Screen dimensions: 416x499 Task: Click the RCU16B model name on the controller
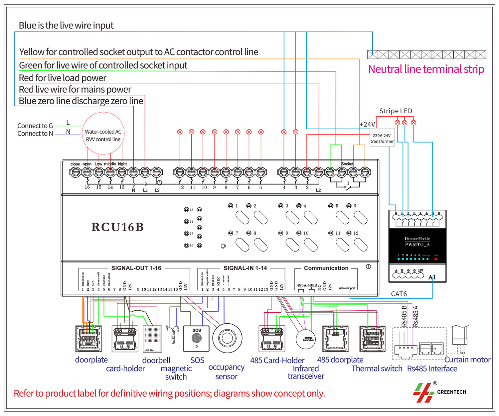click(x=117, y=227)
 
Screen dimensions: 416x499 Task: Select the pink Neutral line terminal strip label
click(x=426, y=69)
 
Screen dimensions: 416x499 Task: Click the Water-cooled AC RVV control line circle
click(x=103, y=134)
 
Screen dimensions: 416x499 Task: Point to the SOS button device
click(x=196, y=338)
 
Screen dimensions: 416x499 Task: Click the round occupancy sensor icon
click(x=227, y=338)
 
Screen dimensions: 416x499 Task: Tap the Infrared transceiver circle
click(x=306, y=339)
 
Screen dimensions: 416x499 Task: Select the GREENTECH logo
click(x=439, y=392)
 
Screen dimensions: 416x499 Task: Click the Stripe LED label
click(x=396, y=111)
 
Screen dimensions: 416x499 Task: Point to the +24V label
click(x=367, y=124)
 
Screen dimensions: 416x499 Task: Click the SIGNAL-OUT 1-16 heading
click(x=136, y=268)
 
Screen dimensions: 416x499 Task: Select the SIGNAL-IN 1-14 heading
click(x=245, y=268)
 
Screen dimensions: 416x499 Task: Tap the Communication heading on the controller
click(x=326, y=268)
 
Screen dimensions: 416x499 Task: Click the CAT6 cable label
click(x=399, y=294)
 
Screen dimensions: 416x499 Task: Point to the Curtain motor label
click(x=467, y=360)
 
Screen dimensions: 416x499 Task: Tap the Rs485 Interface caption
click(x=432, y=368)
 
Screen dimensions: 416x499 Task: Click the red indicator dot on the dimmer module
click(x=435, y=259)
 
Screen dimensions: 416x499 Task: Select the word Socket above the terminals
click(x=347, y=164)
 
